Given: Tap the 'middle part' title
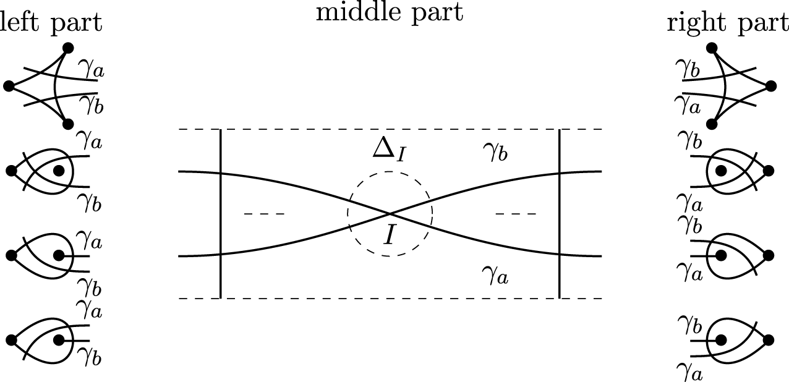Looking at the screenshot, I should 389,12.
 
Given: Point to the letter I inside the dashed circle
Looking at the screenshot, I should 388,234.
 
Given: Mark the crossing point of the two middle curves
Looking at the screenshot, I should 390,214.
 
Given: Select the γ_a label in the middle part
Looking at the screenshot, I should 496,276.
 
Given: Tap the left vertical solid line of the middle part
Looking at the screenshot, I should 221,213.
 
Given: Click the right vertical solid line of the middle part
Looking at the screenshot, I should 560,213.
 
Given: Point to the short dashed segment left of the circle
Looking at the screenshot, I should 265,214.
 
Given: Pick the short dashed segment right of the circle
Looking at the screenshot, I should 516,214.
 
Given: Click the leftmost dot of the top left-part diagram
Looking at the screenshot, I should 9,87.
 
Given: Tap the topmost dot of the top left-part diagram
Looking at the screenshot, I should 68,48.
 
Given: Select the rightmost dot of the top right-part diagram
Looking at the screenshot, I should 771,86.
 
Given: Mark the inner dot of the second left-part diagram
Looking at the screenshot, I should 59,170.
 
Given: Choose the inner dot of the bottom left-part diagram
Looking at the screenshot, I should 59,339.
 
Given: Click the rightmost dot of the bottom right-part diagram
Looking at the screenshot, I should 769,339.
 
